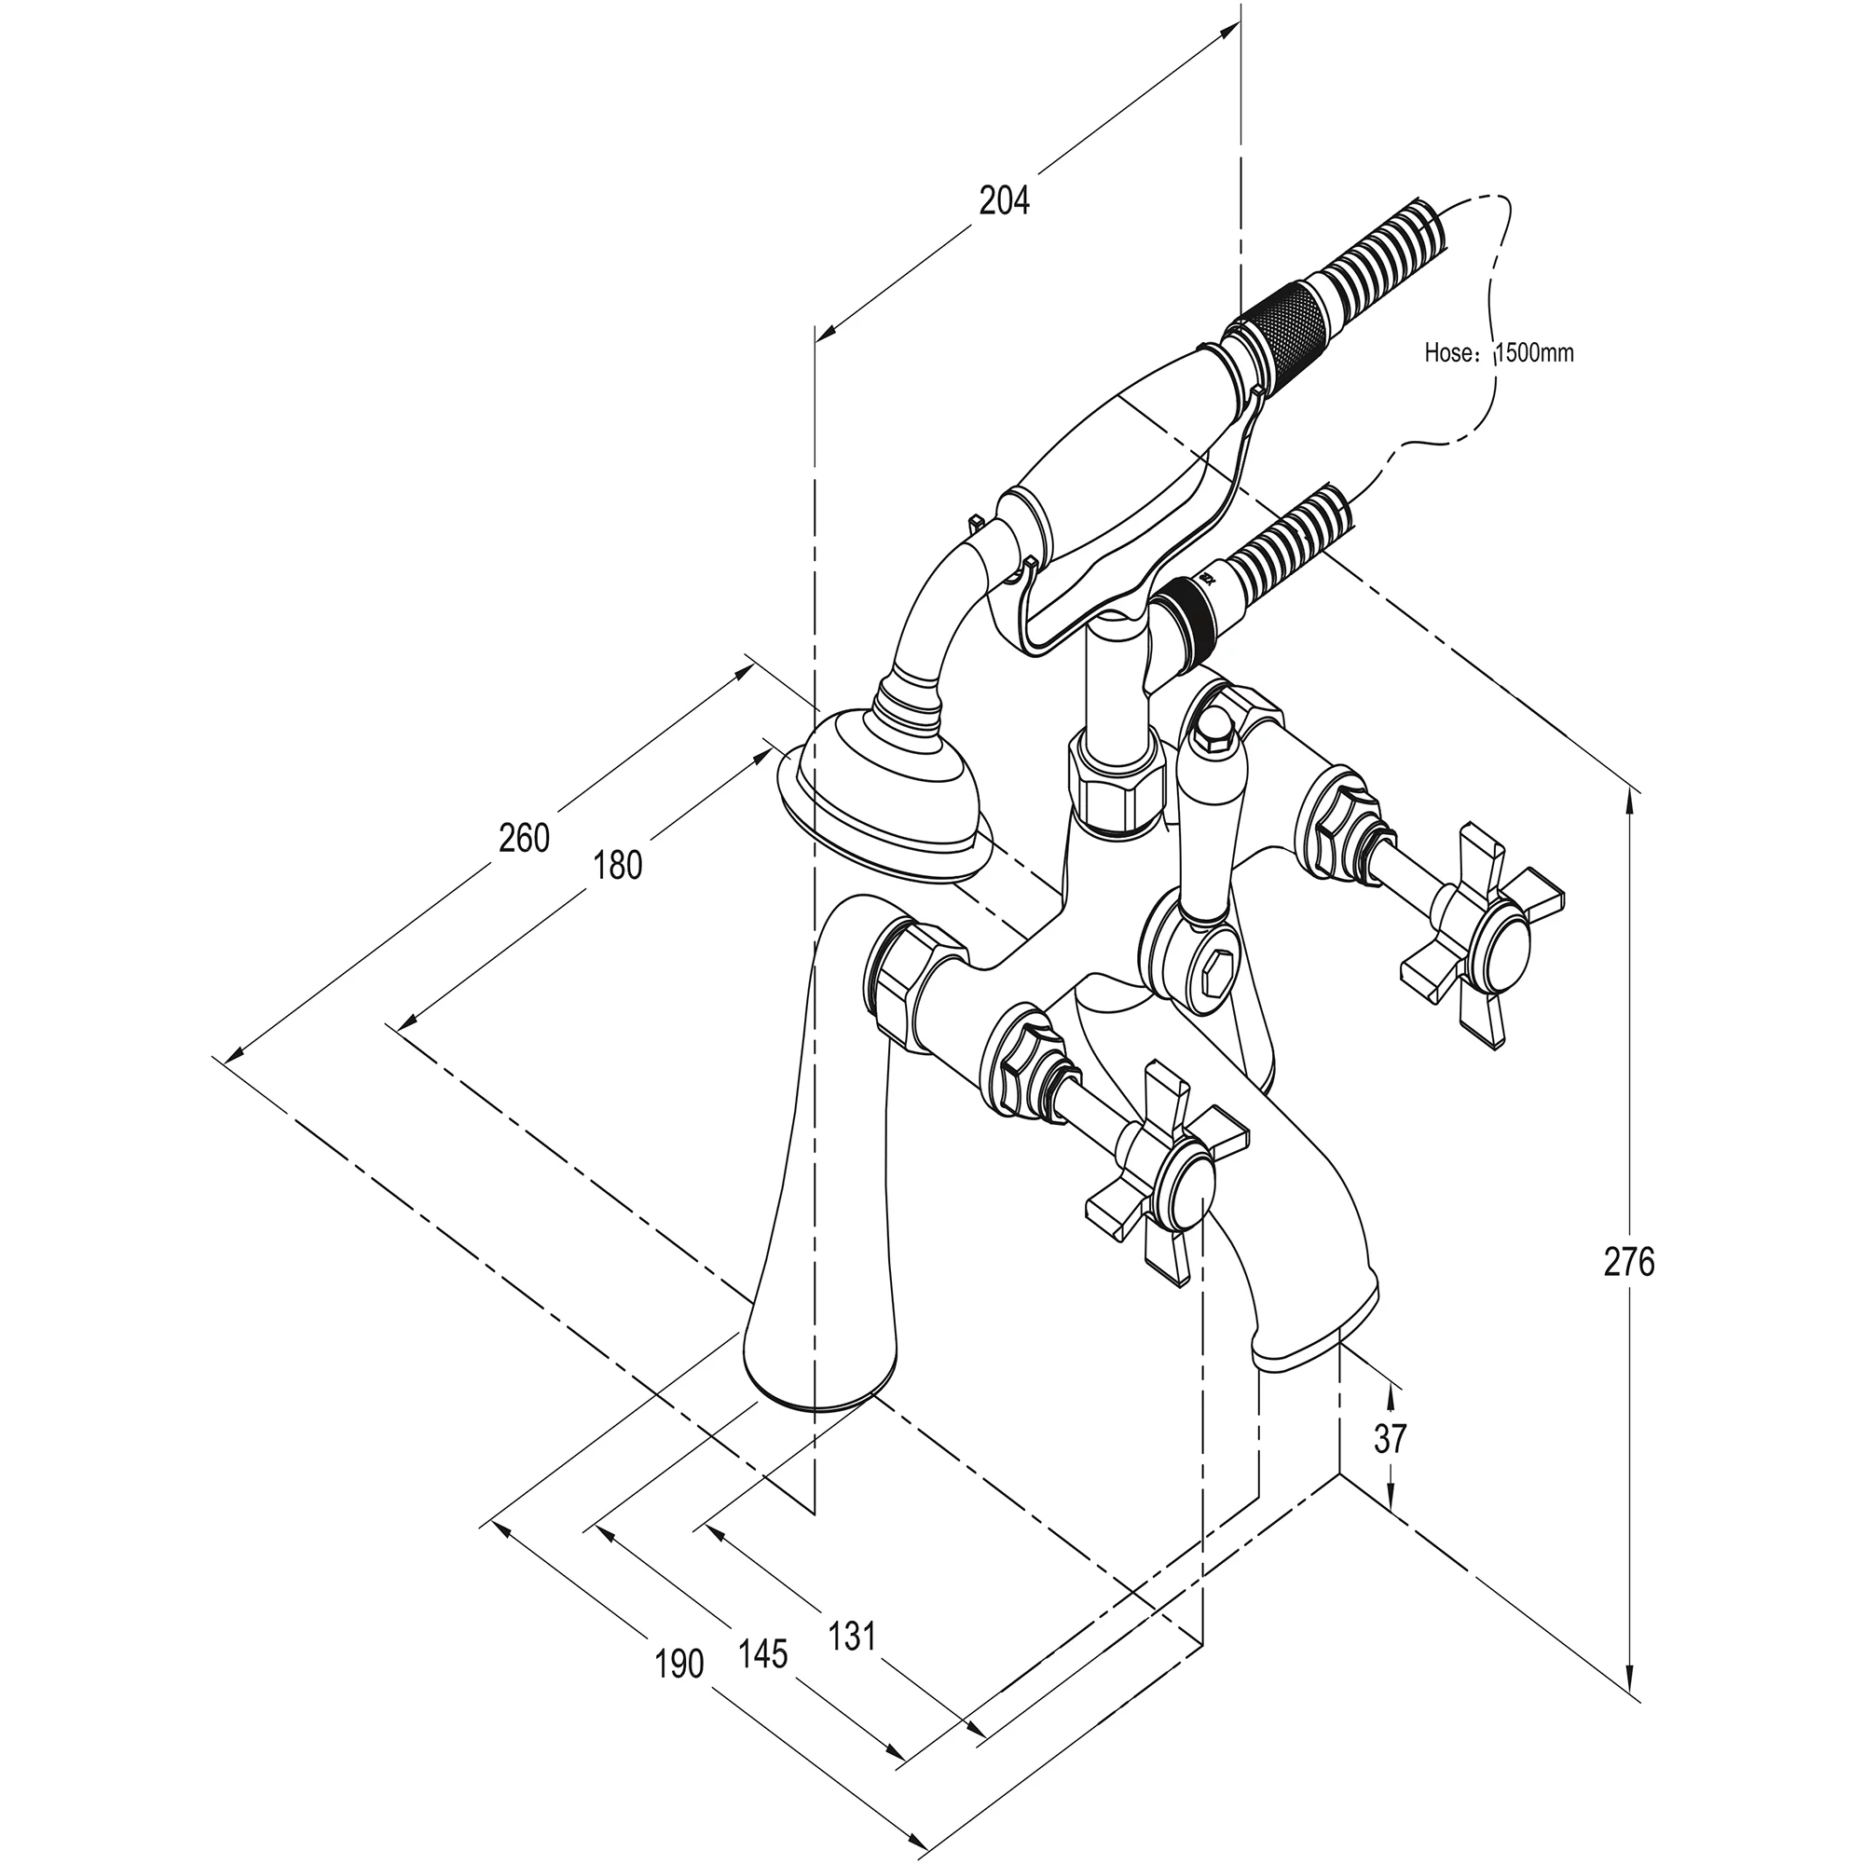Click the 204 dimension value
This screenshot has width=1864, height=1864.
(x=1005, y=200)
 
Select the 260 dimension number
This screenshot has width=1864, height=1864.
(x=524, y=838)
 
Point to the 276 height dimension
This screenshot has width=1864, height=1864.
(x=1628, y=1261)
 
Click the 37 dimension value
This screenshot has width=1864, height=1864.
(x=1391, y=1465)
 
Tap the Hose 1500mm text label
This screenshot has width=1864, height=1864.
(x=1499, y=353)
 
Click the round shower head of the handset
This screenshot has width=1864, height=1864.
(x=883, y=794)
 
